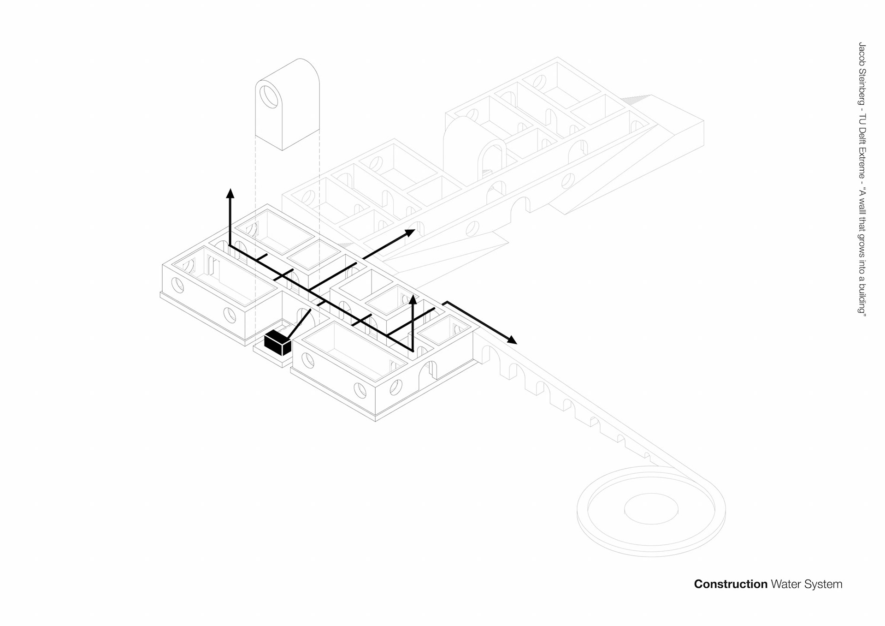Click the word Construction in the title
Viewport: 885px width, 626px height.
point(730,584)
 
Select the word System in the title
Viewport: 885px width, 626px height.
point(823,584)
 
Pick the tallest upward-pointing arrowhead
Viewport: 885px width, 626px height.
point(230,193)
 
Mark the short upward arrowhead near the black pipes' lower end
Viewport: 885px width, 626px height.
point(413,299)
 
